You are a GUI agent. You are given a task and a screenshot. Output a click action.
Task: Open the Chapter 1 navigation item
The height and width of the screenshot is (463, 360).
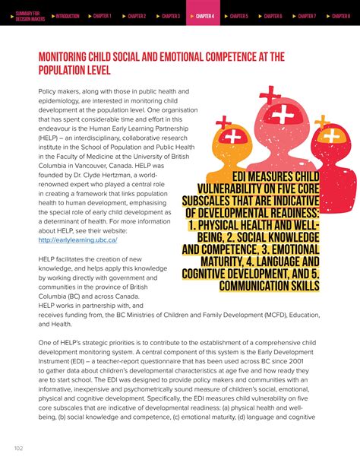102,15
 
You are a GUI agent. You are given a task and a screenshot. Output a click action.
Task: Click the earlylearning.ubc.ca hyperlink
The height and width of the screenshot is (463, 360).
77,239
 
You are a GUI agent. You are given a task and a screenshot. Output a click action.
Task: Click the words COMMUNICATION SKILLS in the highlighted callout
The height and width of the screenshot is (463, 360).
269,286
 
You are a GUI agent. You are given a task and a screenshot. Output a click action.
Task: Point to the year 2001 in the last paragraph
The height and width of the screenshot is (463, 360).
309,363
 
